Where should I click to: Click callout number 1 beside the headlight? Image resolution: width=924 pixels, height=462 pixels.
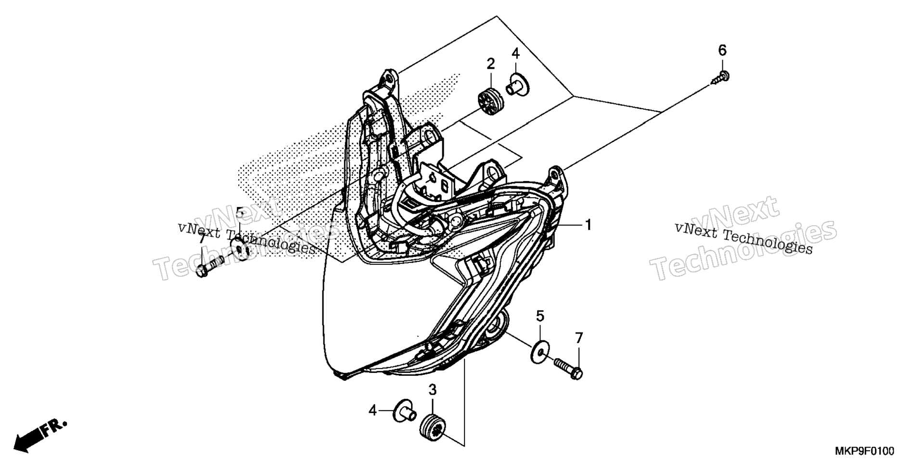coord(588,225)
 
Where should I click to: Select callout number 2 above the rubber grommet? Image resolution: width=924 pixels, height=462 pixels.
coord(490,64)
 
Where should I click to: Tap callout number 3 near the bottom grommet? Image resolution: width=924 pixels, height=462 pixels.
coord(432,390)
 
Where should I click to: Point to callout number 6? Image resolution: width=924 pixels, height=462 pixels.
coord(722,50)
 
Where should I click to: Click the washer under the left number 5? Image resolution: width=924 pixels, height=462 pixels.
coord(240,249)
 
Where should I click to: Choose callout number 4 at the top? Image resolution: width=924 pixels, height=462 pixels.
coord(515,53)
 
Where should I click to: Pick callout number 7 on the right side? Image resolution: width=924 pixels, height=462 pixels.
coord(578,338)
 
